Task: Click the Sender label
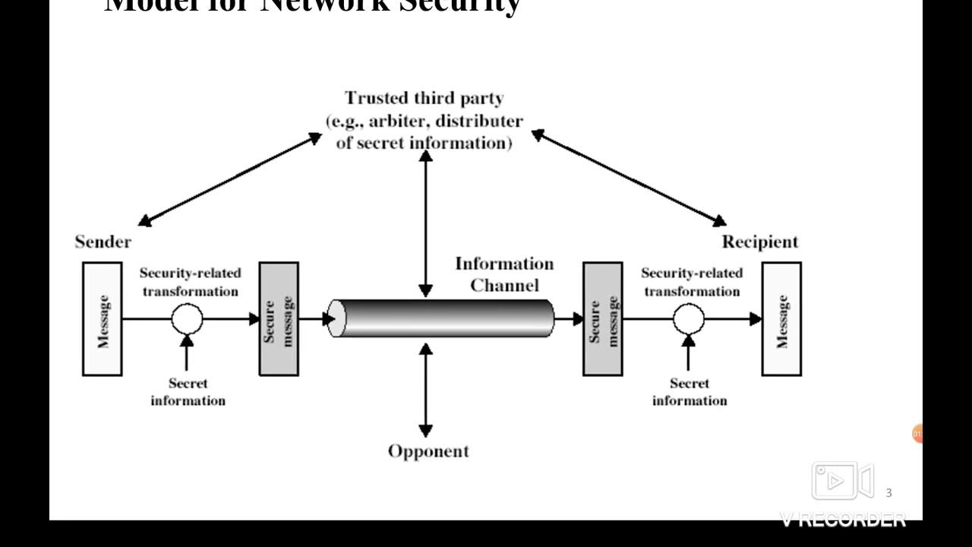tap(103, 242)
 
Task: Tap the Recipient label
tap(759, 242)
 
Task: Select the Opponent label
tap(428, 451)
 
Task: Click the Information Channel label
tap(504, 274)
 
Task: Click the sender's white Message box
tap(103, 319)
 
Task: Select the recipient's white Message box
tap(781, 319)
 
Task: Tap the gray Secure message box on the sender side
tap(279, 319)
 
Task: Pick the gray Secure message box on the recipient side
tap(602, 319)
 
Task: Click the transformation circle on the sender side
tap(187, 319)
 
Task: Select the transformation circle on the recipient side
tap(689, 319)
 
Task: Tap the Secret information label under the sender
tap(188, 392)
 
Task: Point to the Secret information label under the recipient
tap(690, 392)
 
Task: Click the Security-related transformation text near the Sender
tap(190, 282)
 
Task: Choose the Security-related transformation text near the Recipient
tap(692, 282)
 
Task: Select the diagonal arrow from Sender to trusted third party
tap(230, 179)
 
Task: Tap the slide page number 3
tap(888, 493)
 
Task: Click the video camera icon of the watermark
tap(843, 481)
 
